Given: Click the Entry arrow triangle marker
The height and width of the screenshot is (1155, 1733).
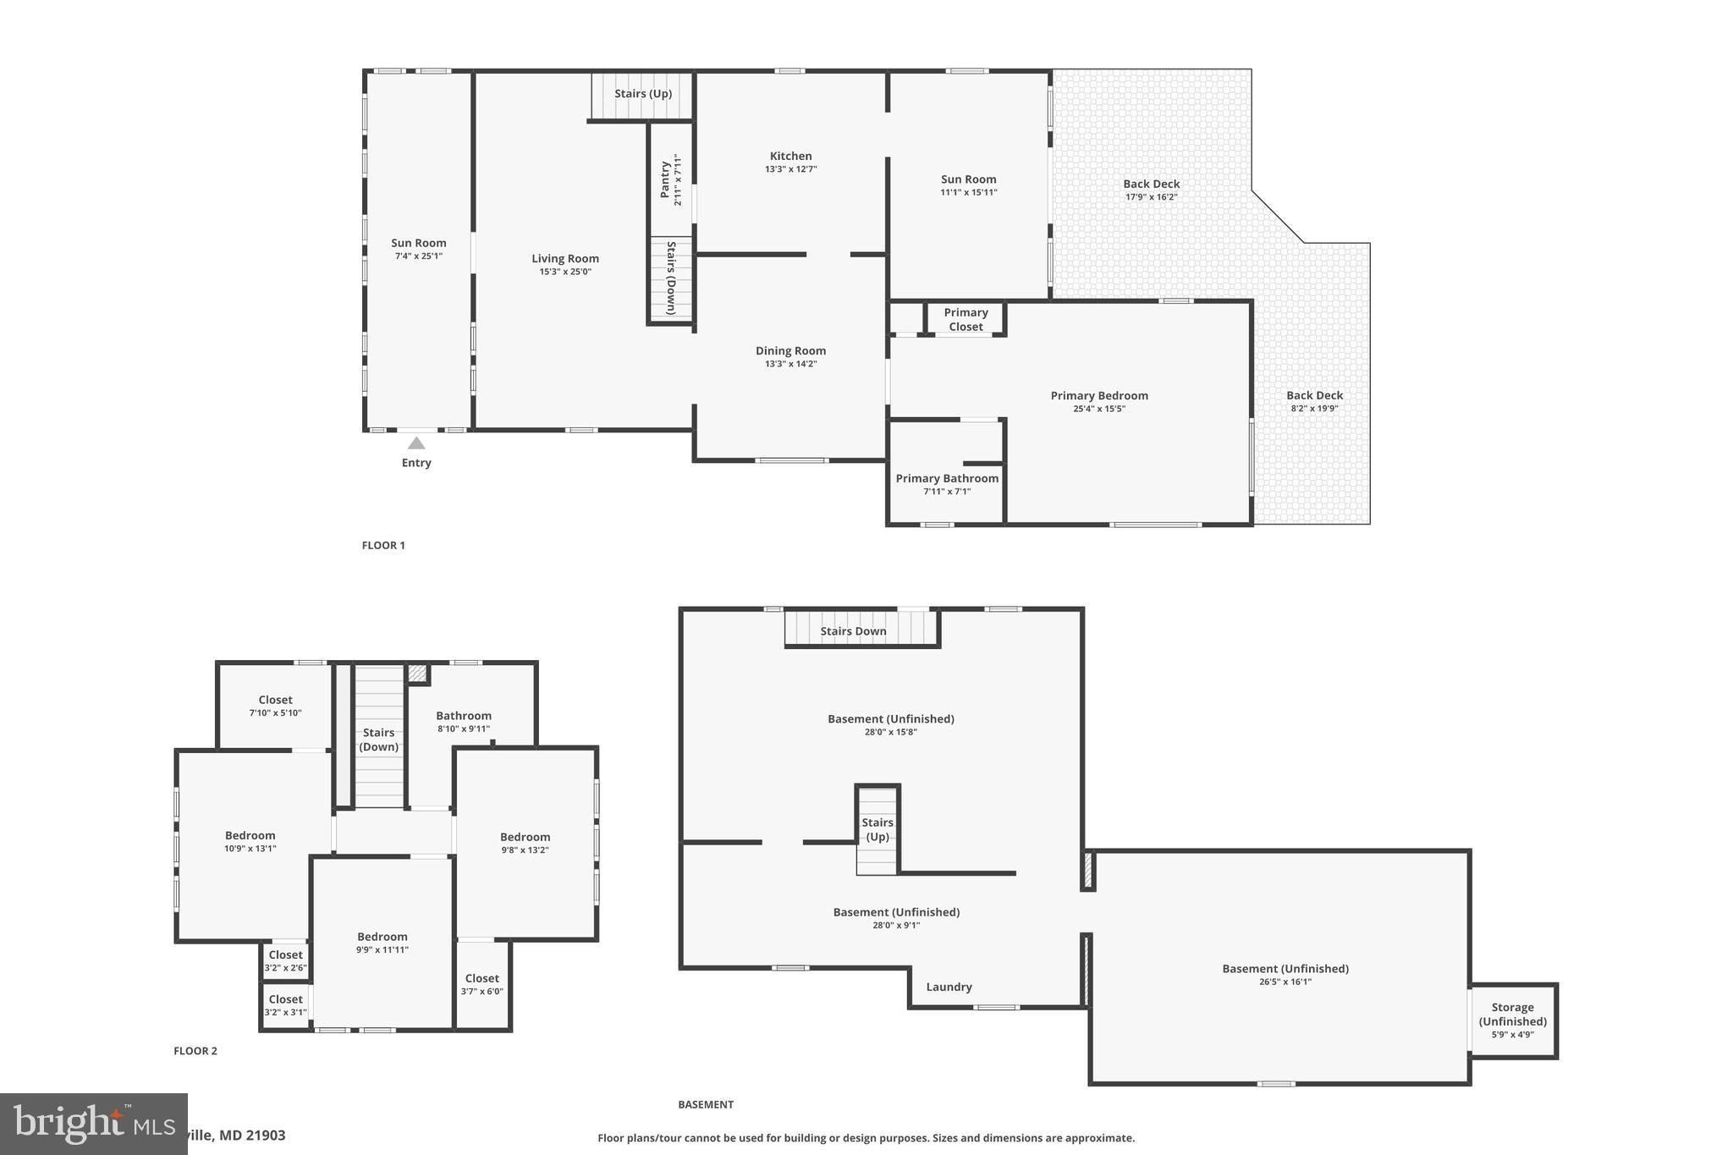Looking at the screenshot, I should (415, 443).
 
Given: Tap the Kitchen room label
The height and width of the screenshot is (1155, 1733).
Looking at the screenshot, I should (790, 157).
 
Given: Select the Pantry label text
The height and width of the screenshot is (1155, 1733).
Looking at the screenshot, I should (665, 179).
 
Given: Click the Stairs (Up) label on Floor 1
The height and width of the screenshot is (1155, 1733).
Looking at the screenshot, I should (643, 94).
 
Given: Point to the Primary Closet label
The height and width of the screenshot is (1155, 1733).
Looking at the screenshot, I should (966, 320).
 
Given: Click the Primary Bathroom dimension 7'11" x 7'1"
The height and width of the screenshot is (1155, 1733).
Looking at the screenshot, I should (947, 492).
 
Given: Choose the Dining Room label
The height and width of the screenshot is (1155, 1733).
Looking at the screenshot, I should (790, 351).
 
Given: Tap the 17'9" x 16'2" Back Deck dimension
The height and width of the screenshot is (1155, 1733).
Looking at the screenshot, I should (1151, 197).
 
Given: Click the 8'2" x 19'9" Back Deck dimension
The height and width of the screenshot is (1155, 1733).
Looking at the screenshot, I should (1314, 409).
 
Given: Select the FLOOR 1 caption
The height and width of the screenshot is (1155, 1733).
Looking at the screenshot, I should (383, 546).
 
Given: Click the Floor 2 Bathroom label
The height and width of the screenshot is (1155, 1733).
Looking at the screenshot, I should (463, 716).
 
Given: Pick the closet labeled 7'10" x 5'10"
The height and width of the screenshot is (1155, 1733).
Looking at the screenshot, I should (275, 706).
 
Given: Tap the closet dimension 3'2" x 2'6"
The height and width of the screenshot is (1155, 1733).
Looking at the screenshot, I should (285, 968).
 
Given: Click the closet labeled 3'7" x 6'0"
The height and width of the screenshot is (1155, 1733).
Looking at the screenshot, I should (481, 985).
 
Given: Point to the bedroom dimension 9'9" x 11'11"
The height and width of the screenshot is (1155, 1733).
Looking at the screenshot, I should (382, 950).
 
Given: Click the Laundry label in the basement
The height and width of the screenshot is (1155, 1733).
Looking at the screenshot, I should (949, 987).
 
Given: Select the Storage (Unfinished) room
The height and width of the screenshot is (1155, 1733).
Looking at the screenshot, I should (1512, 1020).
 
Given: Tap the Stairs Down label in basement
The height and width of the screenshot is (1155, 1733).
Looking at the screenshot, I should (853, 631).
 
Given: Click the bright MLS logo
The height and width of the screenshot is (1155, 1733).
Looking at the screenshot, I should (93, 1124).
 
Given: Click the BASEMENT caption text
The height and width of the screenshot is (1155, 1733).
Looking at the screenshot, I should (705, 1105).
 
